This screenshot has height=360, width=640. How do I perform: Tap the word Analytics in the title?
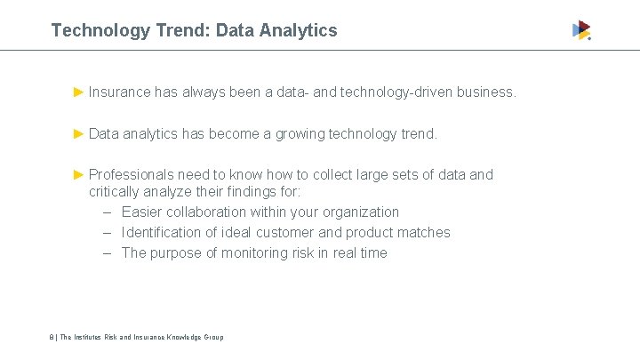point(299,30)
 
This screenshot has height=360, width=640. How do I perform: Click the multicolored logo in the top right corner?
point(581,30)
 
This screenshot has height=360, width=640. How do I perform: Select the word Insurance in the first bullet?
point(119,92)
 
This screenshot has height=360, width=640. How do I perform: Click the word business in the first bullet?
point(485,92)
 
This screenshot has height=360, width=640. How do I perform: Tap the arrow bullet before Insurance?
point(78,92)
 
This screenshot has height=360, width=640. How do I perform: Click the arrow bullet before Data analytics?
point(78,134)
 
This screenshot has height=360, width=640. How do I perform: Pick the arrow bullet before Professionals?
point(78,174)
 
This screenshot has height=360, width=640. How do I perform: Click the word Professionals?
point(131,174)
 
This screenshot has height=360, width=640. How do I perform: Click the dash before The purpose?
point(106,253)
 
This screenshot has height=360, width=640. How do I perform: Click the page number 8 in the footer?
point(52,337)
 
